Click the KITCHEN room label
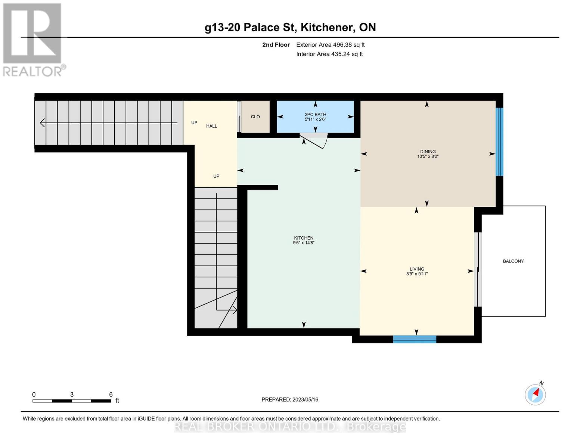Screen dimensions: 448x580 pos(303,238)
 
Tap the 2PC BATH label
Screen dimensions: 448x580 pos(315,115)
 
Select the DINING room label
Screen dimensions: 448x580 pos(428,152)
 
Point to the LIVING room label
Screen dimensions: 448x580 pos(417,269)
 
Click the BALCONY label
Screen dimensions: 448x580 pos(513,261)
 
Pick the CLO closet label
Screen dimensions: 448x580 pos(255,117)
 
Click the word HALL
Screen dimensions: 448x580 pos(211,126)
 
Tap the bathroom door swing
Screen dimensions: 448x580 pos(316,141)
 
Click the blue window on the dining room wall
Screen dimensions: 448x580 pos(499,142)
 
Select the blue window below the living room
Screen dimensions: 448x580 pos(415,339)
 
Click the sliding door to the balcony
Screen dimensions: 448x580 pos(478,269)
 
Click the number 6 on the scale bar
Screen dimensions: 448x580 pos(111,395)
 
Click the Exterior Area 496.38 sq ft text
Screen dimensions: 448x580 pos(330,45)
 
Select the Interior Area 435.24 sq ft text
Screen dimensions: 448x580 pos(329,54)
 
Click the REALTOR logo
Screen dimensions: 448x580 pos(33,39)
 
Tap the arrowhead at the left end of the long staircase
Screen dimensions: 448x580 pos(42,123)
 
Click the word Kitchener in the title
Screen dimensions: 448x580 pos(327,27)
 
